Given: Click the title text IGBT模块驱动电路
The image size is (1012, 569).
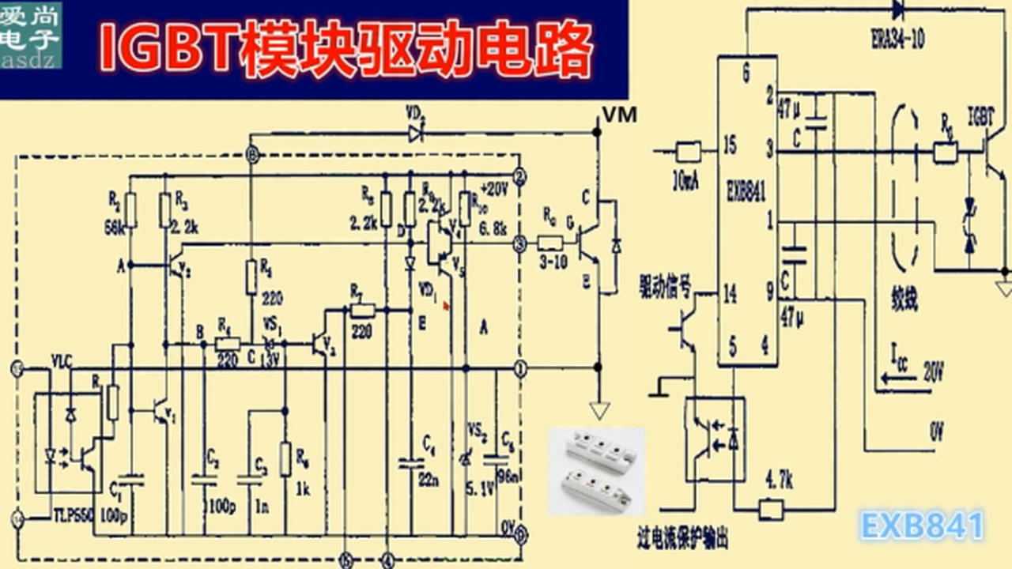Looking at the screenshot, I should [x=346, y=51].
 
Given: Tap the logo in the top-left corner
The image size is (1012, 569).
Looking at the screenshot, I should [x=32, y=35].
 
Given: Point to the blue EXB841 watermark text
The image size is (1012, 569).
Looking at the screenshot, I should [x=922, y=526].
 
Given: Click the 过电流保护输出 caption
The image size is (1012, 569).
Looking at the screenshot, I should [x=682, y=540].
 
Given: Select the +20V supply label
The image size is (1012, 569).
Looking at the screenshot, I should [x=493, y=190].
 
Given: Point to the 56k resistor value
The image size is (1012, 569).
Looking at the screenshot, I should [x=113, y=228].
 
